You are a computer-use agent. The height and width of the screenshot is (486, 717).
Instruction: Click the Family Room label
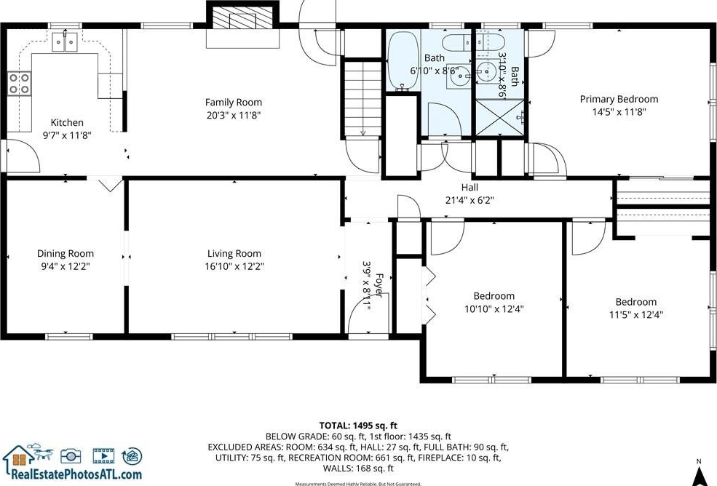(233, 103)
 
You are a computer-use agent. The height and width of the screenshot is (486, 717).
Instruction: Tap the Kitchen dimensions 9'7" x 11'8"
(67, 135)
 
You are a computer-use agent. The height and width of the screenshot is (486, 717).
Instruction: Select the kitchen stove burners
(19, 84)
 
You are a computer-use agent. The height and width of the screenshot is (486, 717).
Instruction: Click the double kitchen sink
(65, 42)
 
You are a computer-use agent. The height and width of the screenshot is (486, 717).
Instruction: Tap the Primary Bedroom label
(619, 99)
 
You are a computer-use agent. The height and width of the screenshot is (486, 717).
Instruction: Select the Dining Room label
(66, 254)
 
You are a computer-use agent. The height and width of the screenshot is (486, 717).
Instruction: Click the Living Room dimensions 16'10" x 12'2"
(234, 266)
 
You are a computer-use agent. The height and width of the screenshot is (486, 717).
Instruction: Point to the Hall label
(470, 188)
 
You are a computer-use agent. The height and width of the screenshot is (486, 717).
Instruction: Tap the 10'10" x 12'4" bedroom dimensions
(494, 309)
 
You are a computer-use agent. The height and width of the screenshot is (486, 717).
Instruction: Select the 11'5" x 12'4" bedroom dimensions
(636, 314)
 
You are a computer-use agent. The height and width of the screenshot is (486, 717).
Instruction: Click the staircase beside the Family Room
(363, 97)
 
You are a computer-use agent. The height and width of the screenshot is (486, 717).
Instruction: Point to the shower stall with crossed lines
(500, 117)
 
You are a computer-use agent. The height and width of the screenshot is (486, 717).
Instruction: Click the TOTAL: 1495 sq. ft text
(358, 426)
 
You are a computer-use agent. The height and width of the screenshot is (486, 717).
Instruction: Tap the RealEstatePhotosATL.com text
(76, 474)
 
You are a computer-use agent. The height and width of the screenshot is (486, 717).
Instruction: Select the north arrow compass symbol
(698, 474)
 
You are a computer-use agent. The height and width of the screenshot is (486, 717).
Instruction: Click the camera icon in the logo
(71, 455)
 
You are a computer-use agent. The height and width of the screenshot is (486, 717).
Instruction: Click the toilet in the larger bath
(456, 42)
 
